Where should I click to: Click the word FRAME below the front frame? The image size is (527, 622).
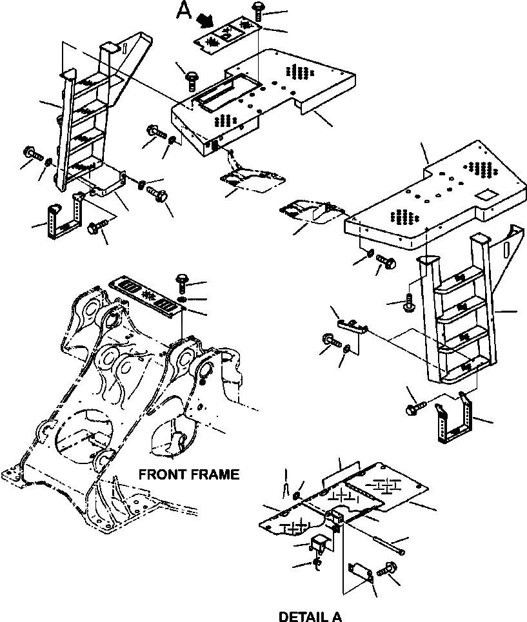(216, 475)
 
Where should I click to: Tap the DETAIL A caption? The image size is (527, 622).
(310, 617)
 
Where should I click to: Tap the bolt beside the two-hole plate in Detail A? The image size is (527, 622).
(388, 570)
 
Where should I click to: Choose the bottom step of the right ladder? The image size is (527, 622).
(459, 368)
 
